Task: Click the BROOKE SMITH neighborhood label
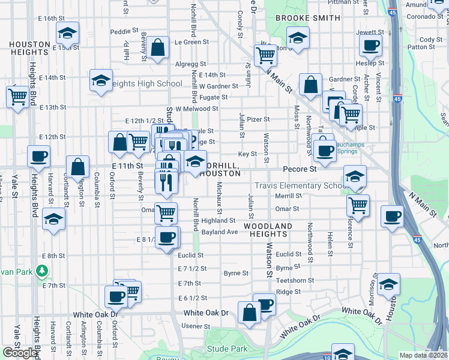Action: point(307,19)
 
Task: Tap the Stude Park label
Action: point(226,348)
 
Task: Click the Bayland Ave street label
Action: point(220,232)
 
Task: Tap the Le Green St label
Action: point(187,42)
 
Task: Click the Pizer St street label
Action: point(258,119)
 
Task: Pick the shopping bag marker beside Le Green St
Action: point(157,49)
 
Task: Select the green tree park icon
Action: point(42,271)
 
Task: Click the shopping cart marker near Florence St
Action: point(358,205)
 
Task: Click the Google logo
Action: point(20,353)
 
